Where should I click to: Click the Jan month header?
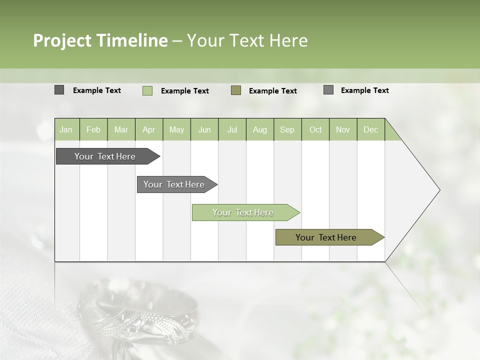coord(66,129)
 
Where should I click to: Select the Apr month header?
coord(149,129)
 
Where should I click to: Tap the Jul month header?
coord(232,129)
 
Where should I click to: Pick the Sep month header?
coord(287,129)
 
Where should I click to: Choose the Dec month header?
coord(370,129)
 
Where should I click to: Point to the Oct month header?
coord(315,129)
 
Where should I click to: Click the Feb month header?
coord(93,129)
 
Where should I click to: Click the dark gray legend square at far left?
coord(59,90)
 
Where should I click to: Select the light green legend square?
coord(147,90)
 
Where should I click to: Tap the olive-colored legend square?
coord(236,90)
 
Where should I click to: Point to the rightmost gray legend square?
coord(328,90)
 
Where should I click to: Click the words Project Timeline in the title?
coord(100,40)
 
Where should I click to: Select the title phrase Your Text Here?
coord(247,40)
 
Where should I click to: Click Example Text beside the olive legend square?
coord(272,91)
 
